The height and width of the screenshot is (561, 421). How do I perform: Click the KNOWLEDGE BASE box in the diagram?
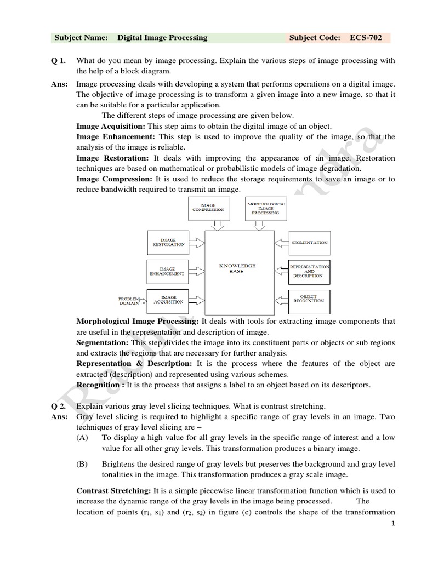click(239, 268)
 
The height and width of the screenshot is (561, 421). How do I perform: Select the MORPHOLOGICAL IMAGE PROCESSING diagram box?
click(266, 208)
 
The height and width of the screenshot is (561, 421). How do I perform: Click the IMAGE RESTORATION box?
click(168, 242)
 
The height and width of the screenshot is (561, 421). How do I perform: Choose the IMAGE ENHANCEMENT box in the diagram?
click(168, 272)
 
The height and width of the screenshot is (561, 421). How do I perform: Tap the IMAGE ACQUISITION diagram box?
click(168, 300)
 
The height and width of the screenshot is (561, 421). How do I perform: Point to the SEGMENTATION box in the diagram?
click(310, 242)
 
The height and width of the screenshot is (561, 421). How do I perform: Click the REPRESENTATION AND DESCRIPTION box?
click(310, 272)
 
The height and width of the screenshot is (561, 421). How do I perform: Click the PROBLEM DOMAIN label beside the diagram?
click(129, 301)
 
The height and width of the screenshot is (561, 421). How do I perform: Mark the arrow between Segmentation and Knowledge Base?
click(281, 242)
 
